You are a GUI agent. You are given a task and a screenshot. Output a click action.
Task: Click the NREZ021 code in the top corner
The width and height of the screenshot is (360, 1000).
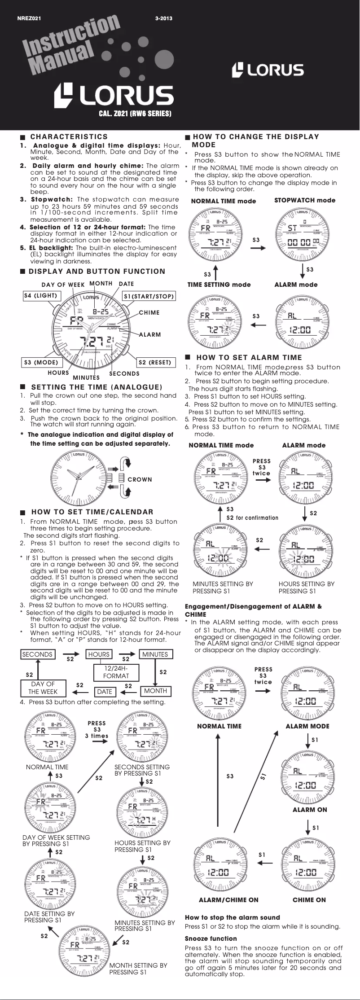coord(29,18)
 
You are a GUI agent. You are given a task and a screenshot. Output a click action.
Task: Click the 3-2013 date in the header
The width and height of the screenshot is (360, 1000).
coord(163,18)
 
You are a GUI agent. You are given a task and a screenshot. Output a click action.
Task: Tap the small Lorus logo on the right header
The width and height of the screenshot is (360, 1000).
coord(268,70)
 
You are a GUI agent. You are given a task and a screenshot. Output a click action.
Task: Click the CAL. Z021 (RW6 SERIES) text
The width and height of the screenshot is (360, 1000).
coord(135,114)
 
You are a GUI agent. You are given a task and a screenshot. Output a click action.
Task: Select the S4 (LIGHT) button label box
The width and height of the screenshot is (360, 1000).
coord(40,296)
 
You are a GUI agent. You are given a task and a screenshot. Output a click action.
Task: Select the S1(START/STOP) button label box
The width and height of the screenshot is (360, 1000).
coord(149,296)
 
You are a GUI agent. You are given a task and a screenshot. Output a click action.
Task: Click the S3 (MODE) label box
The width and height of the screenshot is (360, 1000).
coord(41,362)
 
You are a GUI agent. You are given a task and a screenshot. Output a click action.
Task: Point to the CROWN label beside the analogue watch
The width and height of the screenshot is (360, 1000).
coord(140,479)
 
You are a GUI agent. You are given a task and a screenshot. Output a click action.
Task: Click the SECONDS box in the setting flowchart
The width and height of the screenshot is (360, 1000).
coord(37,654)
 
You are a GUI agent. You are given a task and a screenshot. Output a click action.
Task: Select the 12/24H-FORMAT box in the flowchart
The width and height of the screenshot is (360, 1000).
coord(116,672)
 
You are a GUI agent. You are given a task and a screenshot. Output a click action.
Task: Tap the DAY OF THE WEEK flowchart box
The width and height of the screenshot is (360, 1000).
coord(43,688)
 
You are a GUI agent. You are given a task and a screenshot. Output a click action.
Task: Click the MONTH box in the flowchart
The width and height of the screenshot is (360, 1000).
coord(155,691)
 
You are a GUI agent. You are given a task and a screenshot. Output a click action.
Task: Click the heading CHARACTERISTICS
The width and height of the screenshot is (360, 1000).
coord(69,136)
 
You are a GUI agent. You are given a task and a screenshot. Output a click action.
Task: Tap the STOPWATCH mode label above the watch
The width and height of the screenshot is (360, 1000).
coord(304,200)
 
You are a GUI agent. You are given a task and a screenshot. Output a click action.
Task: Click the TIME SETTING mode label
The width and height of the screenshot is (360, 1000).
coord(219,285)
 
